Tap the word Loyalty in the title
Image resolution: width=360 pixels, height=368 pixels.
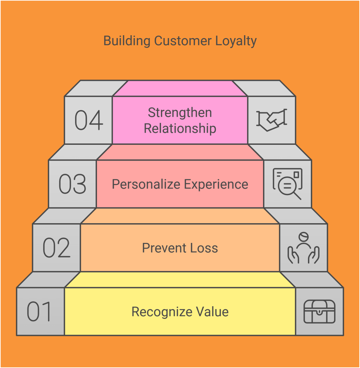pyautogui.click(x=236, y=41)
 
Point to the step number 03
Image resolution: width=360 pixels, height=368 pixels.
pyautogui.click(x=73, y=184)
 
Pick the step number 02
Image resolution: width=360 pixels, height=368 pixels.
pyautogui.click(x=57, y=248)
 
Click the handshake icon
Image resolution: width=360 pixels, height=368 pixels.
pyautogui.click(x=272, y=120)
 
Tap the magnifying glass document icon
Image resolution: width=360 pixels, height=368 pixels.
pyautogui.click(x=287, y=184)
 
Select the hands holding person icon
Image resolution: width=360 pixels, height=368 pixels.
pyautogui.click(x=303, y=248)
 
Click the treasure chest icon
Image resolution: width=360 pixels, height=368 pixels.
pyautogui.click(x=319, y=311)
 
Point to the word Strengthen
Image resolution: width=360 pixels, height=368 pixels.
pyautogui.click(x=180, y=112)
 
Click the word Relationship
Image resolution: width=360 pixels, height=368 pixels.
pyautogui.click(x=180, y=128)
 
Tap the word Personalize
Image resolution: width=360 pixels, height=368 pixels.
pyautogui.click(x=146, y=184)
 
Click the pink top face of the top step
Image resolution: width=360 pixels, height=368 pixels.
pyautogui.click(x=180, y=88)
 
